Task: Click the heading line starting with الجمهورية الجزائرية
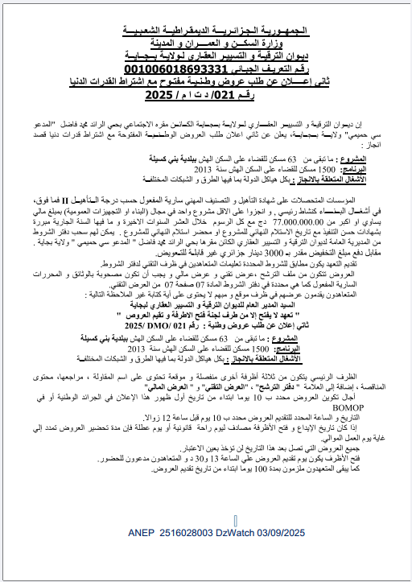pos(208,29)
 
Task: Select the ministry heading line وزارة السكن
pos(208,42)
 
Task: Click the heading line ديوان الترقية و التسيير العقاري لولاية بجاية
pos(208,56)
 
